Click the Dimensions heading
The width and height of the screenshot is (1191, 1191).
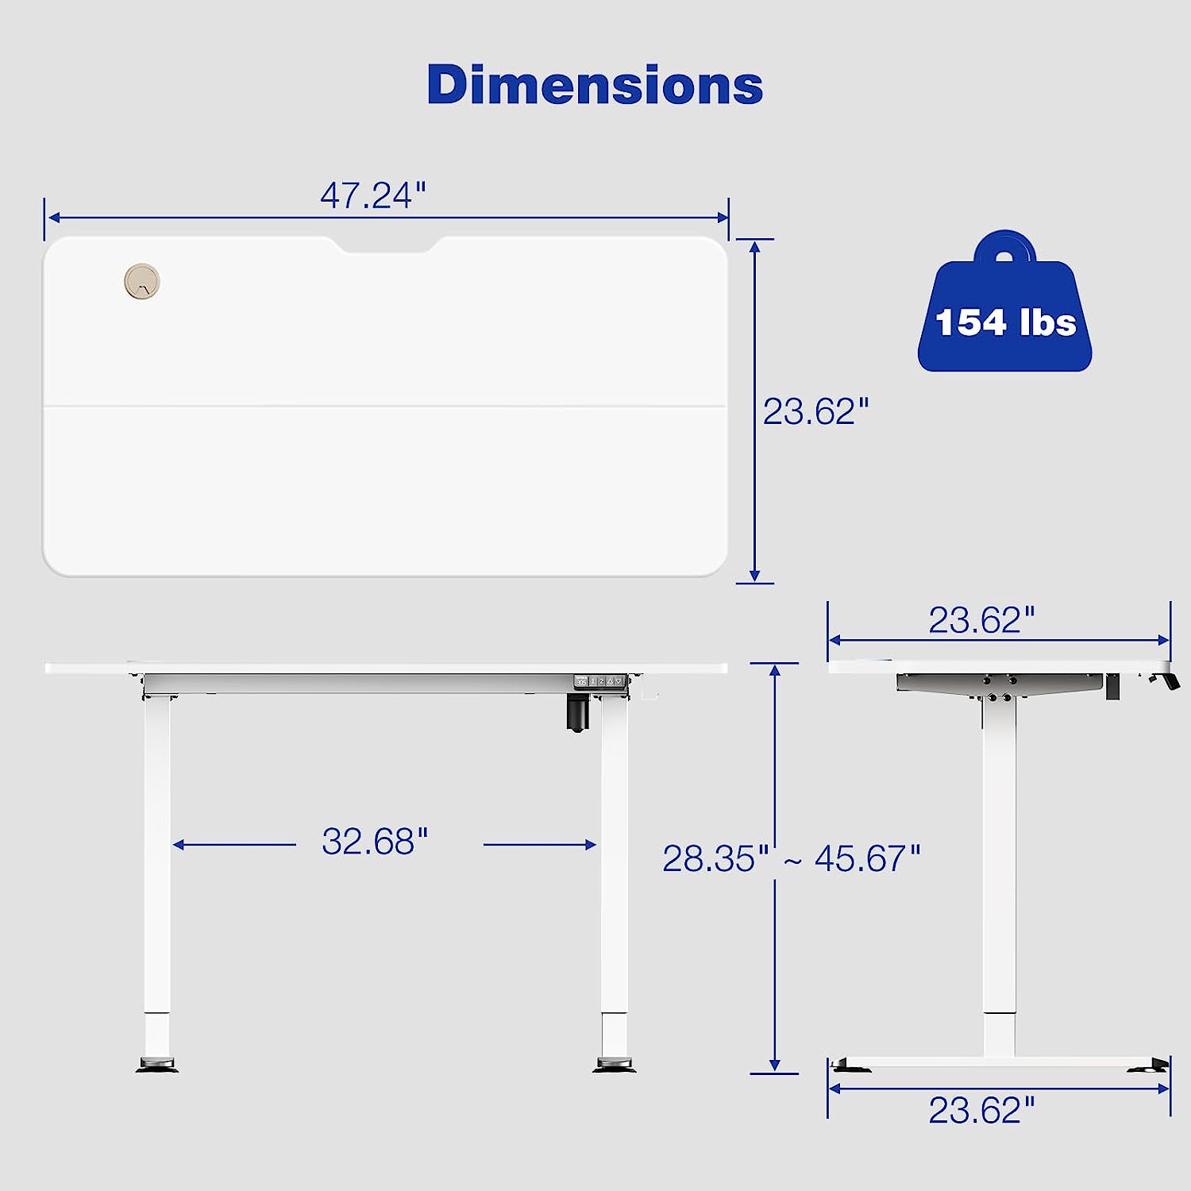click(595, 84)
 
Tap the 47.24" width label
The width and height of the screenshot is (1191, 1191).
click(373, 195)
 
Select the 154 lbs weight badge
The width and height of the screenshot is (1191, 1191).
click(1005, 302)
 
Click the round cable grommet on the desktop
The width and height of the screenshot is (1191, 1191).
click(142, 281)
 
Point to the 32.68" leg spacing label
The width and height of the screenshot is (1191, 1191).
click(375, 842)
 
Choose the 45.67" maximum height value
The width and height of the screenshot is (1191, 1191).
click(867, 858)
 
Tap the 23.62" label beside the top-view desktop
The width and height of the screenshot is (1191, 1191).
click(815, 411)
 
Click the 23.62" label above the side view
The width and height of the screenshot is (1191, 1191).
click(982, 620)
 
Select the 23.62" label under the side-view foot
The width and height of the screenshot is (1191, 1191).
click(982, 1110)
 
